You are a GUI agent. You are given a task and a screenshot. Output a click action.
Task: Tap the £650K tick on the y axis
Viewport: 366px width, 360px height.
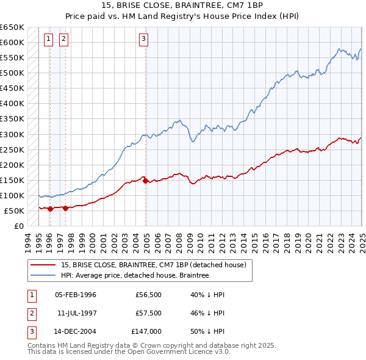coord(12,27)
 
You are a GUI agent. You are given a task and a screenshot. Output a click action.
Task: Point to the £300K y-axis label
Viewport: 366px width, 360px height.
coord(12,134)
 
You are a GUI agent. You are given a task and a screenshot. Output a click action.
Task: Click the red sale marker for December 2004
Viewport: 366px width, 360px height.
coord(146,181)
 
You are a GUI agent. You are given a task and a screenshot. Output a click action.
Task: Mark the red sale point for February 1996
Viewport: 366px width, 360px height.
coord(50,209)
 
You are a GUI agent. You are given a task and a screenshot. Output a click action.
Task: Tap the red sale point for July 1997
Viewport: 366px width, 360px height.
coord(65,208)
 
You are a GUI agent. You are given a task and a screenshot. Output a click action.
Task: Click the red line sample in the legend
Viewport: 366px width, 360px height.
coord(43,265)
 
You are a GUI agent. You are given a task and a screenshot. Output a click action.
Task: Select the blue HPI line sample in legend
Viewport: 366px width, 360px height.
coord(43,275)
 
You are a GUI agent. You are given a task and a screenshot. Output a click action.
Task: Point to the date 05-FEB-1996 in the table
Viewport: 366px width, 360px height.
coord(76,295)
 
